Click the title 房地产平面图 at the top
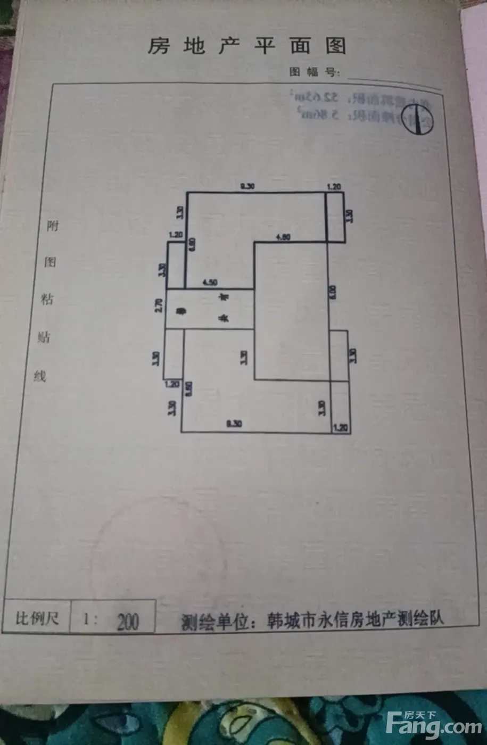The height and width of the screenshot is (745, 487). (x=246, y=47)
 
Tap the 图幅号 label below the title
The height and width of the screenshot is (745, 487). (x=313, y=72)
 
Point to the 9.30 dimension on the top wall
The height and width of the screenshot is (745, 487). (x=248, y=186)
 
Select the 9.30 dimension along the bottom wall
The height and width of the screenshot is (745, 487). (x=234, y=424)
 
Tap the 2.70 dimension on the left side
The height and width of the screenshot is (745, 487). (x=159, y=305)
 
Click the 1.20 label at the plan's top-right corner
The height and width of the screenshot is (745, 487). (x=334, y=187)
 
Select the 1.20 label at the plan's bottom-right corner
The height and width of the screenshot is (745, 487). (x=340, y=427)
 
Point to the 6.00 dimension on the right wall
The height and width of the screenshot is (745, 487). (x=333, y=291)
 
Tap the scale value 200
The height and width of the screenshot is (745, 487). (x=127, y=622)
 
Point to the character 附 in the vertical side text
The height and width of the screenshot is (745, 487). (x=52, y=226)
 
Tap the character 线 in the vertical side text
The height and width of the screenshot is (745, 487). (x=40, y=376)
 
